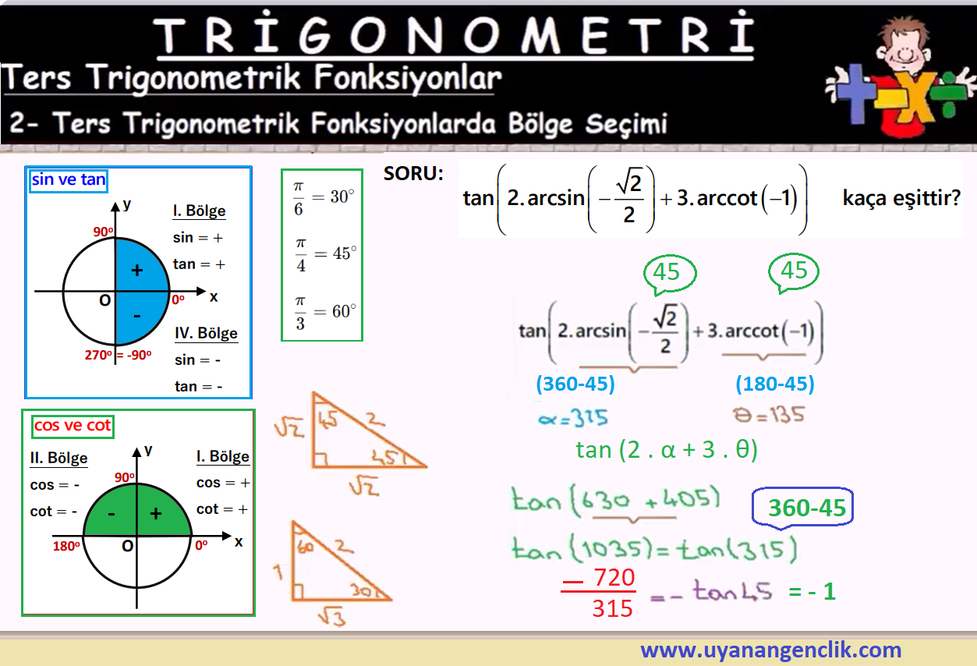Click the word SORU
pos(413,174)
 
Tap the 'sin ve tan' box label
pos(69,179)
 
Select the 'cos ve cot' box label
pos(73,426)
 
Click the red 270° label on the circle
pos(98,355)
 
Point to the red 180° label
pos(66,546)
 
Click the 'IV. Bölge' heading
pos(207,333)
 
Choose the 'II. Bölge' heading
pos(59,458)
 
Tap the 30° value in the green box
pos(342,197)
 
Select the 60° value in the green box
pos(344,311)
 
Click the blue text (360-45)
pos(575,384)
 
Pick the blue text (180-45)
pos(775,384)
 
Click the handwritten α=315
pos(572,418)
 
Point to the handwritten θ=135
pos(769,415)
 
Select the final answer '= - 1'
pos(812,592)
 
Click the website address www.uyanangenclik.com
pos(770,650)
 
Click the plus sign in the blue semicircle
pos(137,271)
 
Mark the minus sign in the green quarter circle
pos(112,514)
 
